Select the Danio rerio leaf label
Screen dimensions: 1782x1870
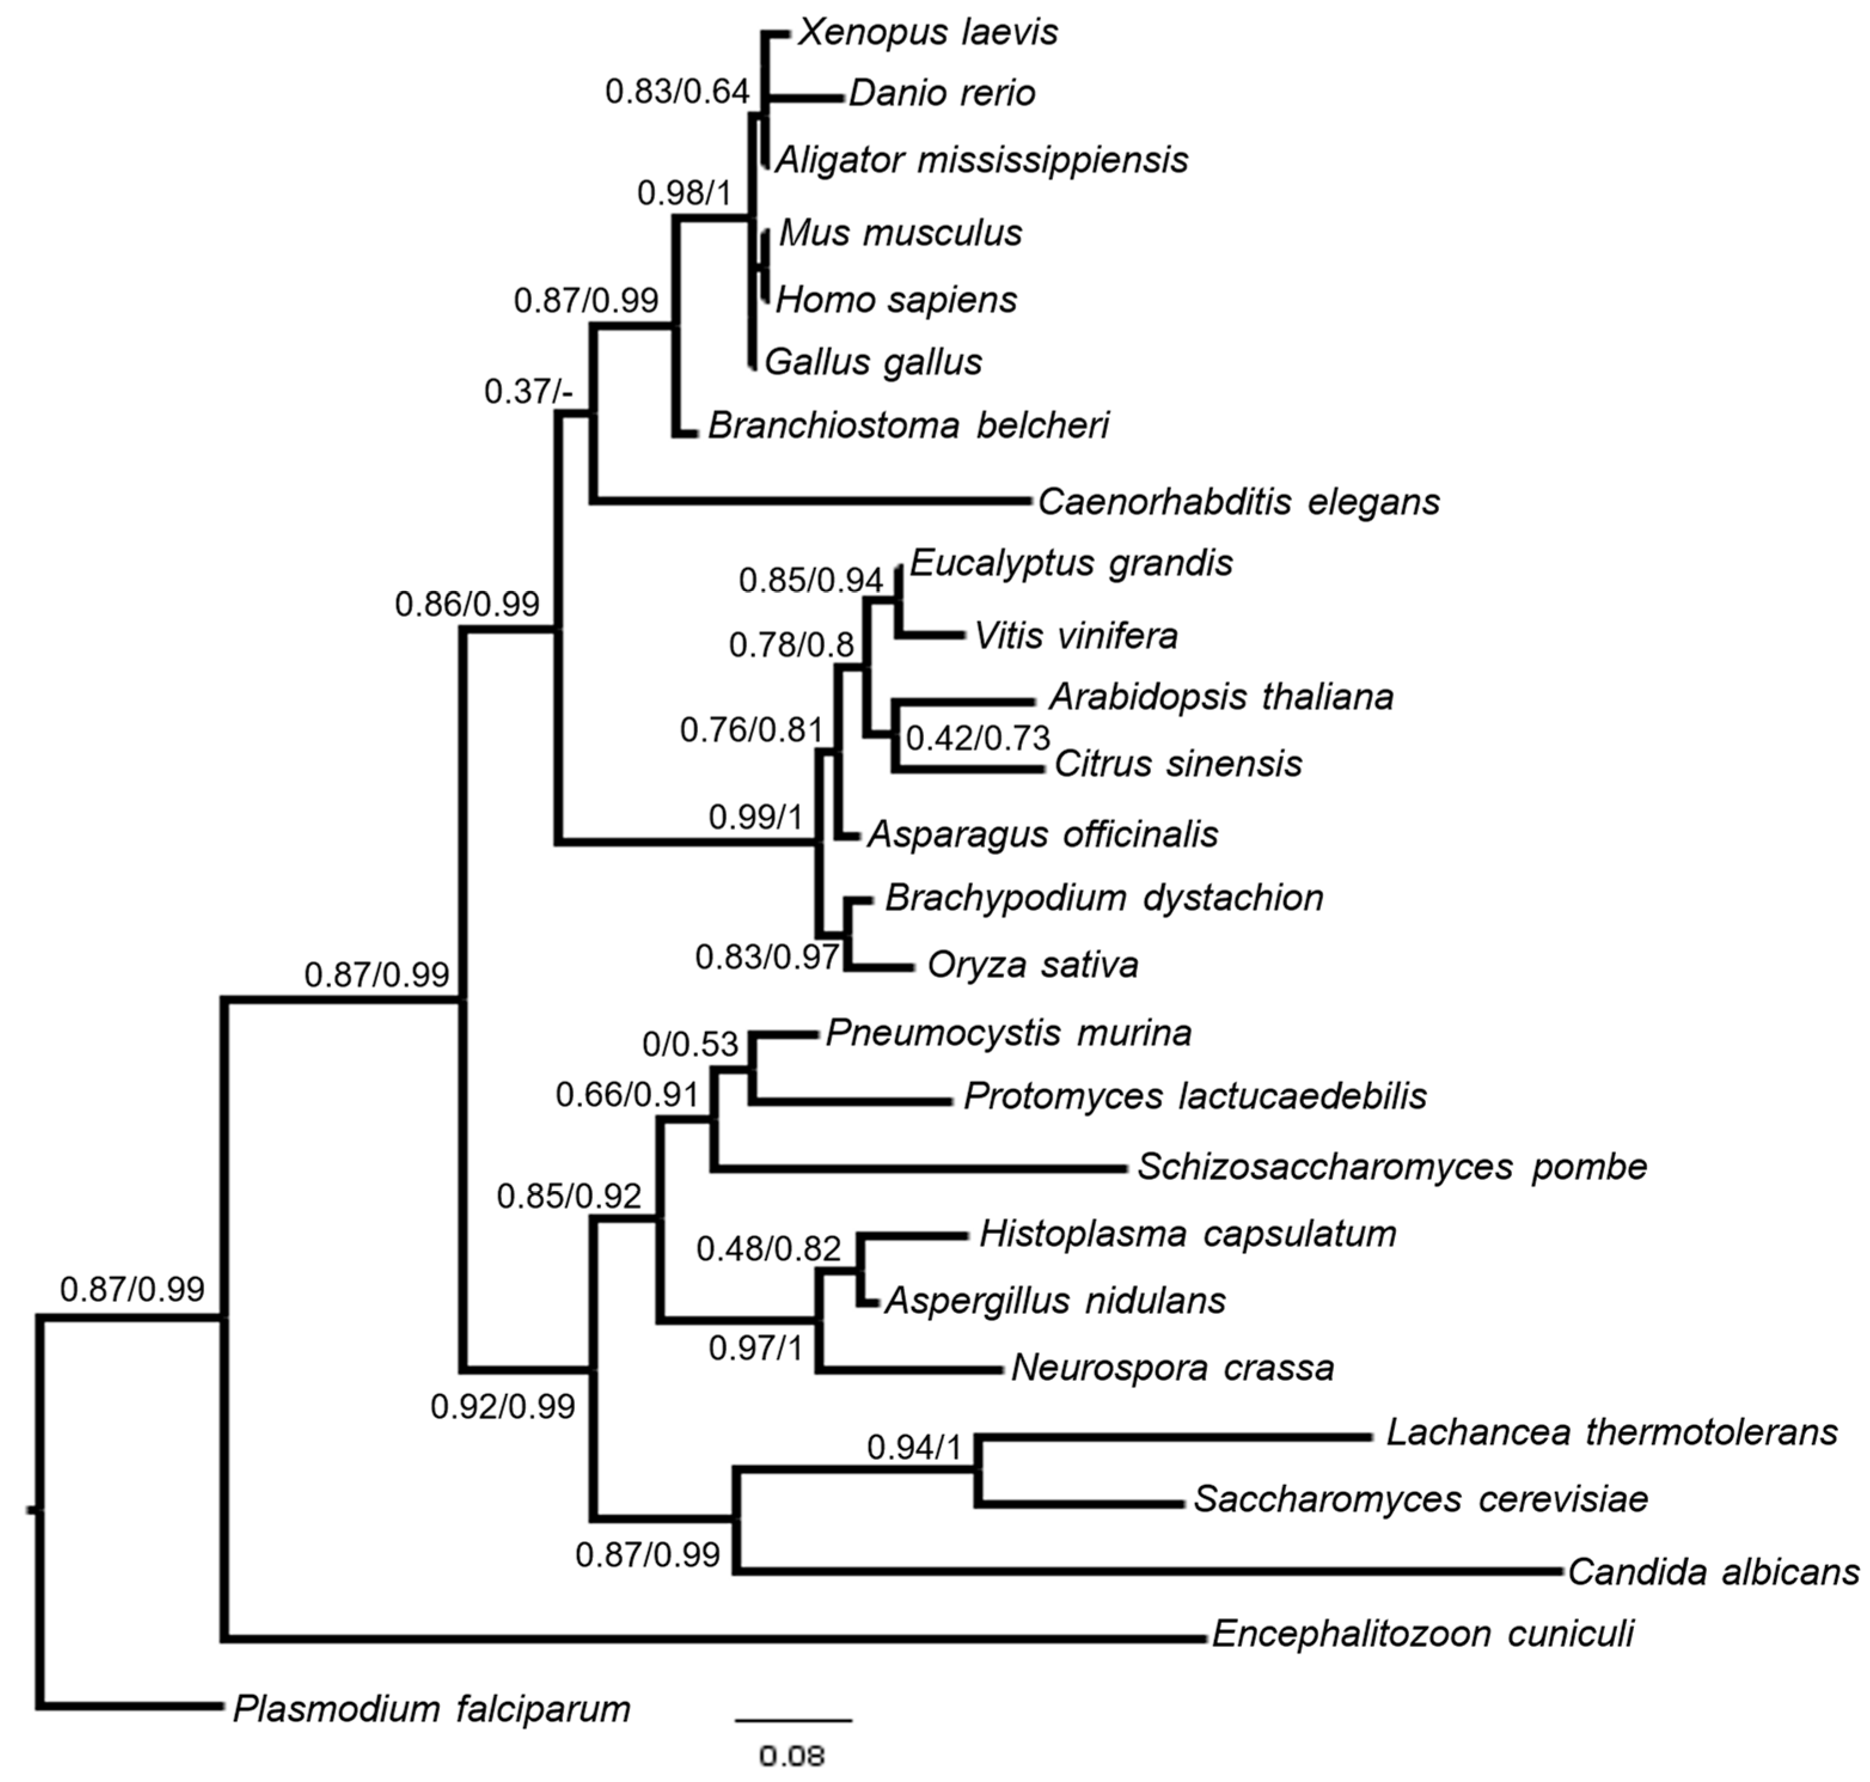pyautogui.click(x=941, y=94)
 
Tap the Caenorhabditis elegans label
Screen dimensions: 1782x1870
pyautogui.click(x=1238, y=502)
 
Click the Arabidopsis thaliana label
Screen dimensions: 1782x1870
pyautogui.click(x=1220, y=697)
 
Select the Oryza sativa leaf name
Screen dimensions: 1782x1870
pyautogui.click(x=1032, y=965)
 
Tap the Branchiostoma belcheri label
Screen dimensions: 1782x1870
pyautogui.click(x=908, y=426)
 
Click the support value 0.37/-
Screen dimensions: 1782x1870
pyautogui.click(x=528, y=390)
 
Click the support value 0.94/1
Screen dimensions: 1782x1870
pyautogui.click(x=914, y=1447)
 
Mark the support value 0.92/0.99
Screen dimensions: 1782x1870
pyautogui.click(x=503, y=1406)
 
